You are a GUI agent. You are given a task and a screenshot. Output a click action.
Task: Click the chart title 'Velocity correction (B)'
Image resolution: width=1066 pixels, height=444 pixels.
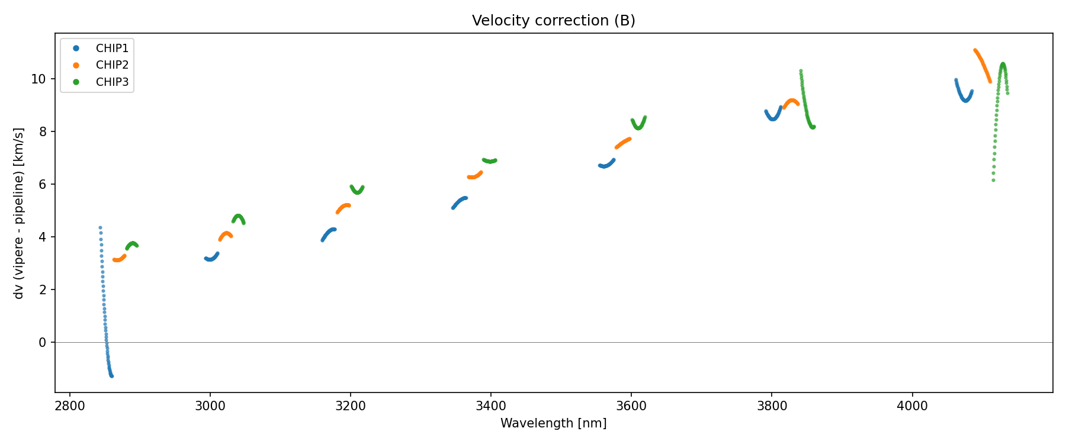pos(553,21)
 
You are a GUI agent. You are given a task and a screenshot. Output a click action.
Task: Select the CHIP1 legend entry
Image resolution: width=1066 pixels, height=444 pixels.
pos(112,48)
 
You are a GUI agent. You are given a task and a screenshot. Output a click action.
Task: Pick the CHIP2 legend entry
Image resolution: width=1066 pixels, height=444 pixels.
pos(112,65)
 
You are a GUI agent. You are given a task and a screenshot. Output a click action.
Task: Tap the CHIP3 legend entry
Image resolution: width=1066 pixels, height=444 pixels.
pos(112,82)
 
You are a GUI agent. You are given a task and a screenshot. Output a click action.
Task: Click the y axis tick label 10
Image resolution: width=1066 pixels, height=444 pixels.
pos(38,79)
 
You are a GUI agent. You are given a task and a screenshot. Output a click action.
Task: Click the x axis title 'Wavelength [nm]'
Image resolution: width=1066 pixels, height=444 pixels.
pos(553,423)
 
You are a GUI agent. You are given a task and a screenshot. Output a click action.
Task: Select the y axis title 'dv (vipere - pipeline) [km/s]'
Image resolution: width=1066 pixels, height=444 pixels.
pos(19,213)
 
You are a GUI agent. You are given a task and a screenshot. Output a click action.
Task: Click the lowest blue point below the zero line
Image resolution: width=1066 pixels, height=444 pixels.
pos(111,376)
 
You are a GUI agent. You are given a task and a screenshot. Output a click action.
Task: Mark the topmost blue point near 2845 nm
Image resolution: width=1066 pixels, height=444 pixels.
pos(100,227)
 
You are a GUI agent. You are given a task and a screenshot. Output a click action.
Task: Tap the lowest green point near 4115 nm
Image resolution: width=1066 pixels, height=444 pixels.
pos(993,180)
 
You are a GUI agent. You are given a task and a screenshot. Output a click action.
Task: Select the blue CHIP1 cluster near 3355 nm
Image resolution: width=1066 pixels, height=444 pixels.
pos(459,202)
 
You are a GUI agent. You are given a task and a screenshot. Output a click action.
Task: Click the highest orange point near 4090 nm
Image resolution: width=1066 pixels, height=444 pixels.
pos(975,50)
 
